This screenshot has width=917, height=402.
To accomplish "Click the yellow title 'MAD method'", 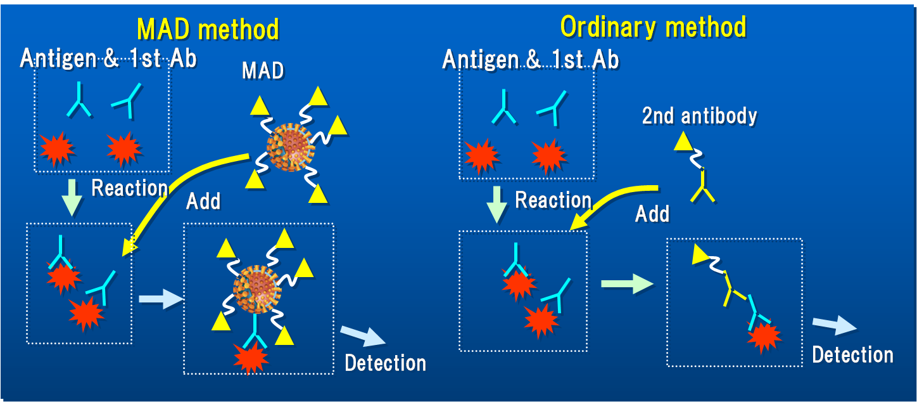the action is (208, 29).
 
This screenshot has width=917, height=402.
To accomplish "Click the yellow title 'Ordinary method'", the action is (654, 27).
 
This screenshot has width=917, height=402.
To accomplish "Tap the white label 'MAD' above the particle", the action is (263, 70).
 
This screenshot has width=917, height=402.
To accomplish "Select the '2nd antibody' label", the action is (699, 116).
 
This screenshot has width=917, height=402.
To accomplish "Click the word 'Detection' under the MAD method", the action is (385, 363).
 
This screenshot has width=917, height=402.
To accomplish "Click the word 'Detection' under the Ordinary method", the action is (853, 355).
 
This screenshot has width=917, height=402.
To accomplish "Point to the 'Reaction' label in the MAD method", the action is (130, 188).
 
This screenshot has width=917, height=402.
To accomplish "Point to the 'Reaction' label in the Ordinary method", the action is (553, 200).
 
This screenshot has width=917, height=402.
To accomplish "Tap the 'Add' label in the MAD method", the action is (203, 201).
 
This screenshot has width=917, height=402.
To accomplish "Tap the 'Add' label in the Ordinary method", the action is (652, 214).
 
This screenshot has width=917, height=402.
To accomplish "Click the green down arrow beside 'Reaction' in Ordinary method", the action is (497, 205).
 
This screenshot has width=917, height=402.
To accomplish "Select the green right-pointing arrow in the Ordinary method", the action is (627, 283).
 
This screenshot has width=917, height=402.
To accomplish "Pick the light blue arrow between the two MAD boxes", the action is (161, 299).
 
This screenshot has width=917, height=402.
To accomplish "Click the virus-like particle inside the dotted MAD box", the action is (257, 290).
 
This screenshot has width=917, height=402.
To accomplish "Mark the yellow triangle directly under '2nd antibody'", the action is (683, 142).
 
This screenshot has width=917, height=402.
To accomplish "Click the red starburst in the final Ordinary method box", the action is (764, 337).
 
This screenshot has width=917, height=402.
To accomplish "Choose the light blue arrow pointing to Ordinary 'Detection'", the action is (834, 325).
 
